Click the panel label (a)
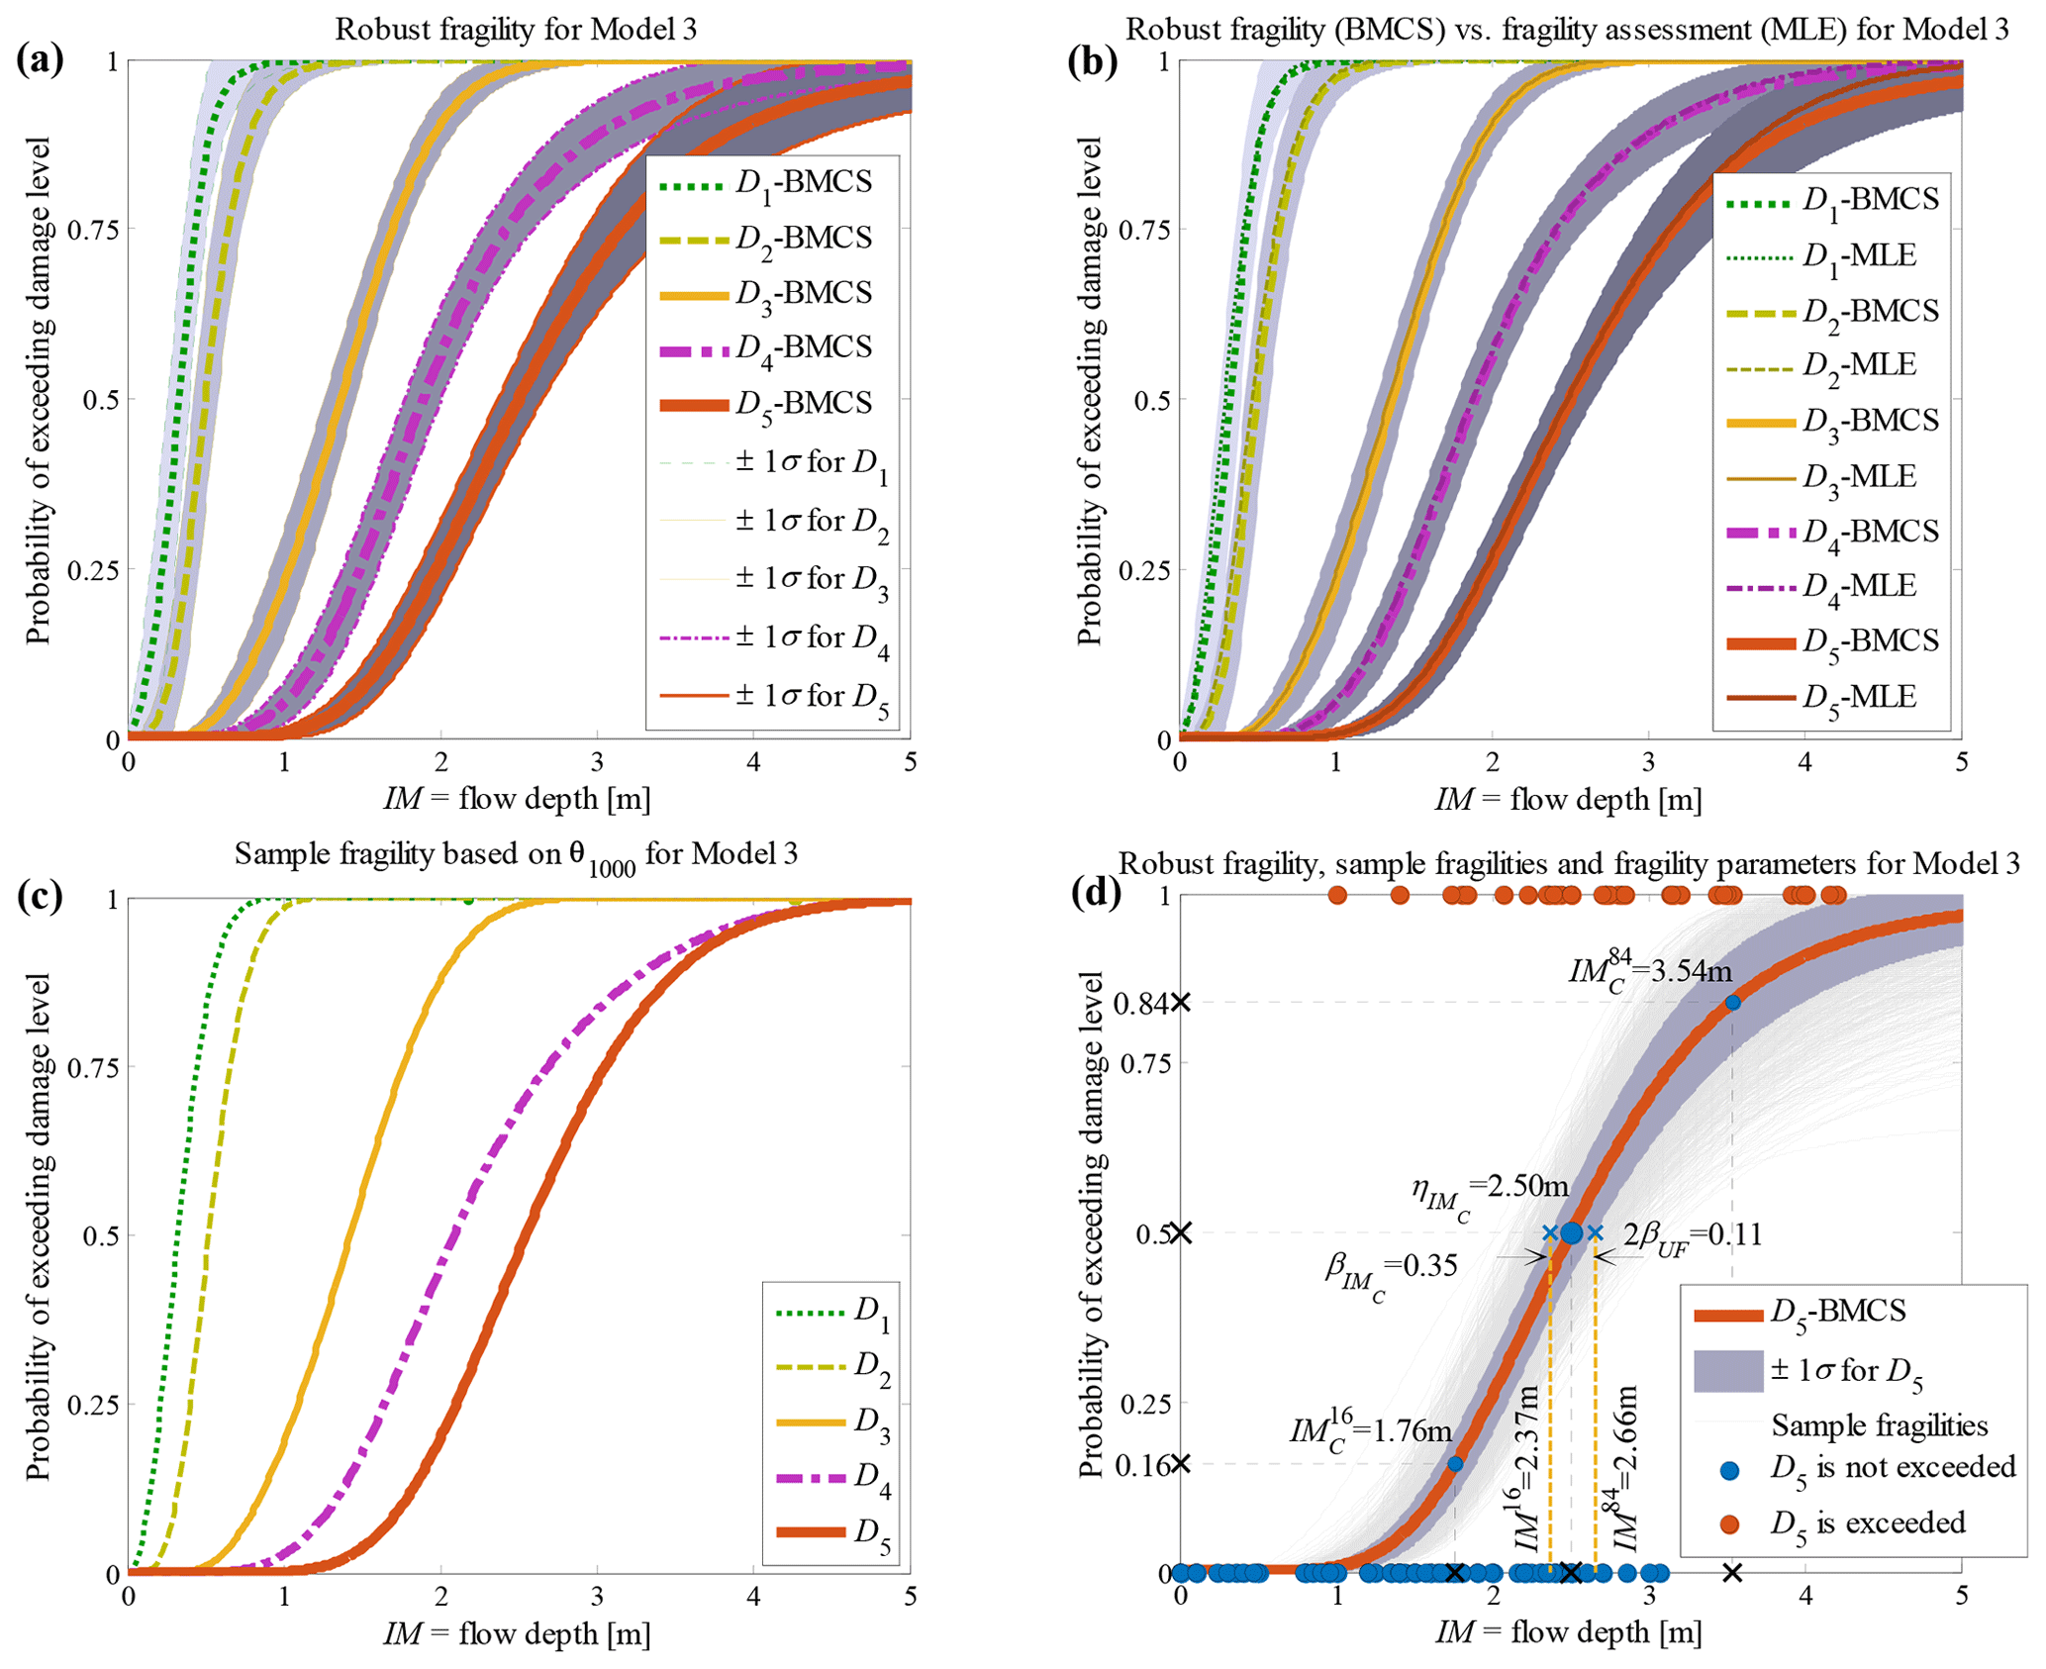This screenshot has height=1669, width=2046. tap(41, 60)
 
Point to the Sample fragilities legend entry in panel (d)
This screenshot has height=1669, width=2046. tap(1879, 1425)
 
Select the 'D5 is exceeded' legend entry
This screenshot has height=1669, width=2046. tap(1867, 1522)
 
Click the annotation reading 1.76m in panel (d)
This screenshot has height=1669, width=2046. tap(1371, 1432)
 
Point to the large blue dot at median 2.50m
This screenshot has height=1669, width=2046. tap(1571, 1233)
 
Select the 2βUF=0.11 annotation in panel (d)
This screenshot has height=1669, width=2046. tap(1693, 1236)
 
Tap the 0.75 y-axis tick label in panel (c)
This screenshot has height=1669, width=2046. tap(93, 1067)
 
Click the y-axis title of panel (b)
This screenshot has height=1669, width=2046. tap(1089, 391)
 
